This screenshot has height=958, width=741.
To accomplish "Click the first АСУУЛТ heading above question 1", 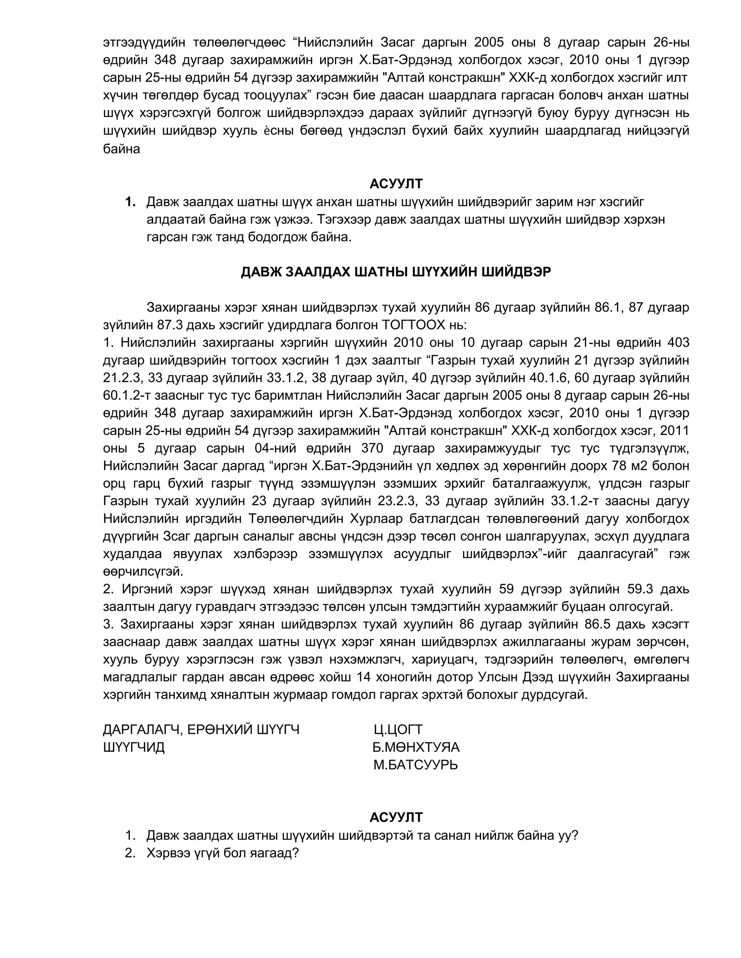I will click(x=395, y=183).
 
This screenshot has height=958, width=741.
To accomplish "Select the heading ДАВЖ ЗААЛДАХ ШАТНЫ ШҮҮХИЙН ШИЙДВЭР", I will click(x=395, y=272).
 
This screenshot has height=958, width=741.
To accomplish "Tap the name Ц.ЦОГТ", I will click(x=398, y=730).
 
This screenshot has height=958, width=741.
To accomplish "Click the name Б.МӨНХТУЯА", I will click(x=416, y=747).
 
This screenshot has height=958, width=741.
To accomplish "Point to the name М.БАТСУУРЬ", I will click(x=415, y=765).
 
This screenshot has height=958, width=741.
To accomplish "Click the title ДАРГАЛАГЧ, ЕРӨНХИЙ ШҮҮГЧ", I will click(x=201, y=730).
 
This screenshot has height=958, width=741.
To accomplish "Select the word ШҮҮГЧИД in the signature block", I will click(x=134, y=747).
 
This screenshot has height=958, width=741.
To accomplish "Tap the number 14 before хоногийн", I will click(x=364, y=677).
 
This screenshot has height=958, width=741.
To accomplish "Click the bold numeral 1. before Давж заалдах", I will click(x=130, y=202).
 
